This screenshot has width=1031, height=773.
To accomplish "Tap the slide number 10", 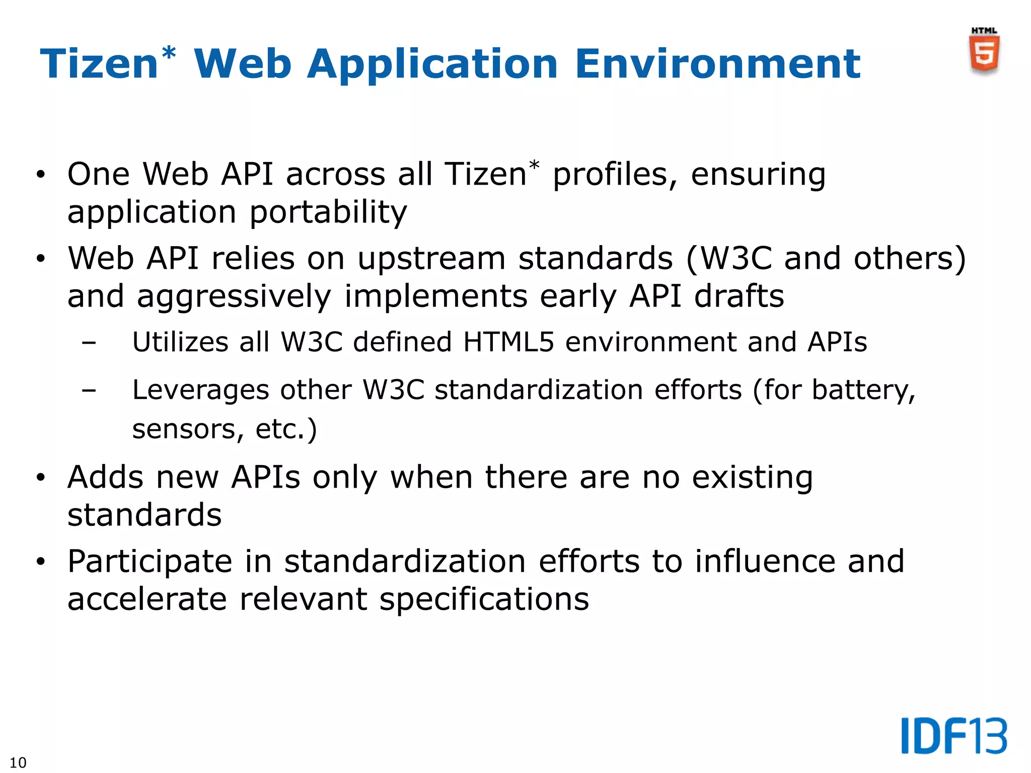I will pos(18,762).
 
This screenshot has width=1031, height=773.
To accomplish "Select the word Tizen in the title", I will pos(99,64).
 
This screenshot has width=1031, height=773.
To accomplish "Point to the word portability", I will pos(328,212).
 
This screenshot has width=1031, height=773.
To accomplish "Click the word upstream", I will pos(431,259).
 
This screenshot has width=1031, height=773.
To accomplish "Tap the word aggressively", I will pos(234,296).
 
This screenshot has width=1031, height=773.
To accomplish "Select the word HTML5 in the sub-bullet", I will pos(508,342).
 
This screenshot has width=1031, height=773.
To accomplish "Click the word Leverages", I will pos(200,390).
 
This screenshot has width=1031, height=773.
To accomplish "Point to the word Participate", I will pos(150,562).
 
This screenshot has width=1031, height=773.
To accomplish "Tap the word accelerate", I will pos(147,599).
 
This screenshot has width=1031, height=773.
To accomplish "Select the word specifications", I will pos(484,599).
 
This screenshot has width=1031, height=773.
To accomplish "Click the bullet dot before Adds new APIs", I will pos(41,477).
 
